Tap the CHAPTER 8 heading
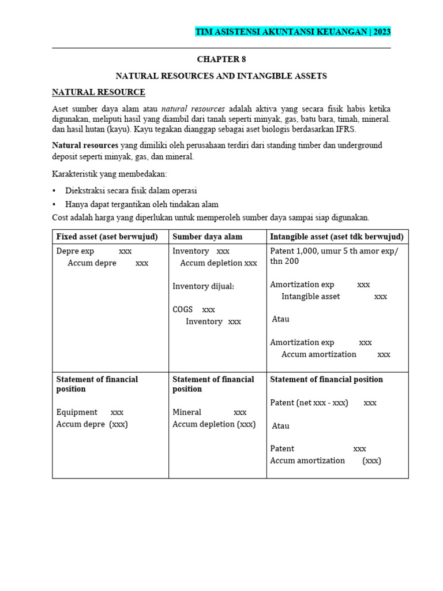pyautogui.click(x=221, y=59)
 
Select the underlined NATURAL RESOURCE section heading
pyautogui.click(x=99, y=92)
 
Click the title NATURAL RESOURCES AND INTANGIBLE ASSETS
pyautogui.click(x=221, y=76)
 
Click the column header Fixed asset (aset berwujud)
pyautogui.click(x=107, y=237)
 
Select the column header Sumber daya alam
pyautogui.click(x=208, y=237)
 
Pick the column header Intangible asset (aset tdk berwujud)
pyautogui.click(x=337, y=237)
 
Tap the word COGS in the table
pyautogui.click(x=183, y=309)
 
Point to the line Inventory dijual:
pyautogui.click(x=204, y=286)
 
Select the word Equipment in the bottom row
pyautogui.click(x=77, y=412)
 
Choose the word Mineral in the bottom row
pyautogui.click(x=187, y=412)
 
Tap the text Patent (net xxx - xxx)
pyautogui.click(x=309, y=402)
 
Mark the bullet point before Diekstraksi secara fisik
pyautogui.click(x=55, y=190)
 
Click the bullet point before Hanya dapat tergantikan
pyautogui.click(x=55, y=204)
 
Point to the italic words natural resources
pyautogui.click(x=193, y=109)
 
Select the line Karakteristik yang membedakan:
pyautogui.click(x=109, y=174)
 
